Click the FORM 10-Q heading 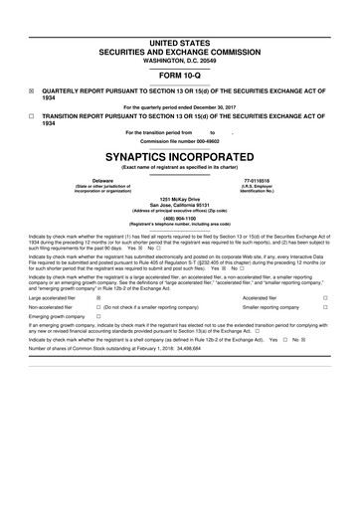(x=180, y=75)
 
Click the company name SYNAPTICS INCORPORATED (x=180, y=157)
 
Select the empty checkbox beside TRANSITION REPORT (x=20, y=115)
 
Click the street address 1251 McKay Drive (x=180, y=201)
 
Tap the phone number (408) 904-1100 (x=180, y=222)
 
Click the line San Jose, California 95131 (x=180, y=207)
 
